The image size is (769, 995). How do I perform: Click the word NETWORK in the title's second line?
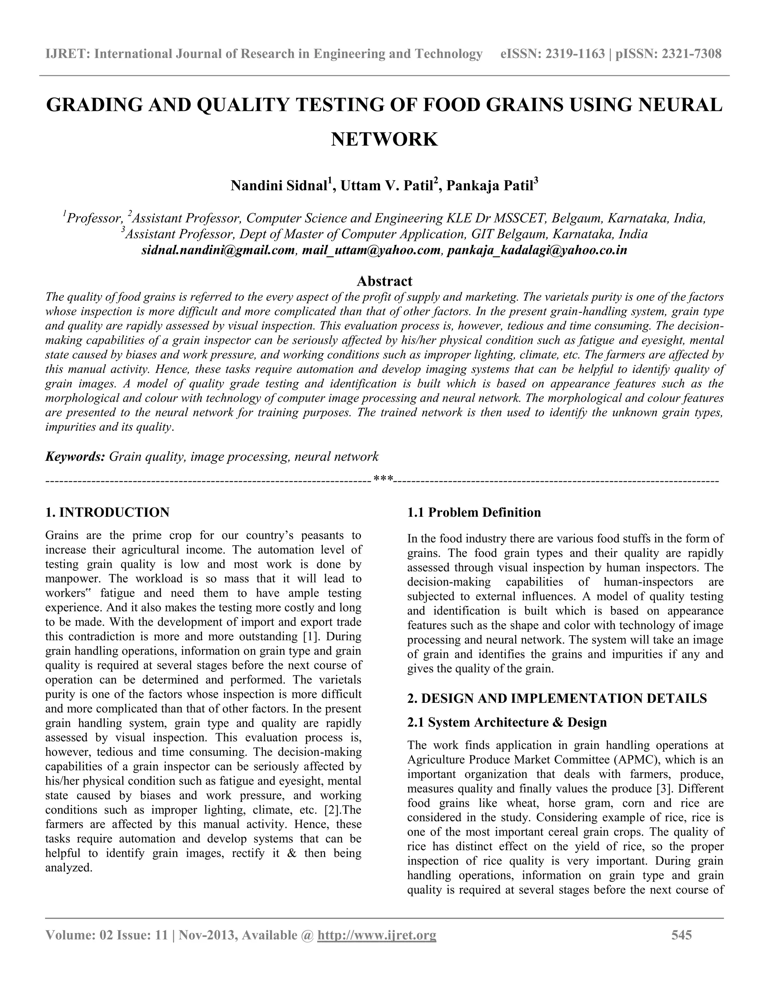384,139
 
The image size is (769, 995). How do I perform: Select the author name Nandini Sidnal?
279,186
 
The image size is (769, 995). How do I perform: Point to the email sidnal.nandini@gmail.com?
218,250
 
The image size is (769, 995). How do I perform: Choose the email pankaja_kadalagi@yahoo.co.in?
537,250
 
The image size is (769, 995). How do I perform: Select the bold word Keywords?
75,457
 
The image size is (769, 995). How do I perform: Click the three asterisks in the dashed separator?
383,479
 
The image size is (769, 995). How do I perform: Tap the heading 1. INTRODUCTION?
107,512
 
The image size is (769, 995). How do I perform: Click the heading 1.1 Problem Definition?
474,512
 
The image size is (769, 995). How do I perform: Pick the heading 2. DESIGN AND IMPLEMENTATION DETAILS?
557,698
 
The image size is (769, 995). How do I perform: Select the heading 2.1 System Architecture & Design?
507,722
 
